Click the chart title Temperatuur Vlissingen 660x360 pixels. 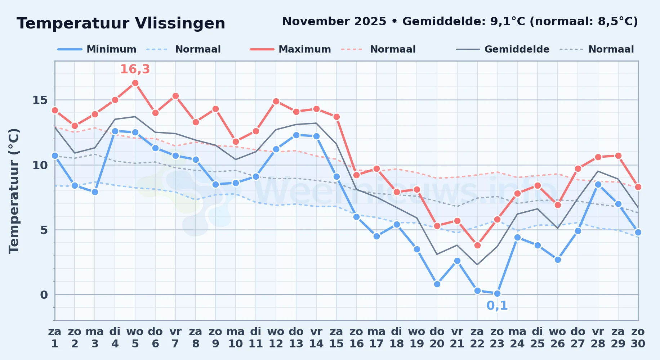pyautogui.click(x=121, y=23)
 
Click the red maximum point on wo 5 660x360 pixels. pyautogui.click(x=135, y=83)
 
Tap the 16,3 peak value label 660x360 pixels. pyautogui.click(x=135, y=69)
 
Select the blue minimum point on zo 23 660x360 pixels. pyautogui.click(x=497, y=293)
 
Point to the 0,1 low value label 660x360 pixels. pyautogui.click(x=497, y=306)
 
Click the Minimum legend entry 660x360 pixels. pyautogui.click(x=97, y=49)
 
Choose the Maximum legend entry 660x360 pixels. pyautogui.click(x=290, y=49)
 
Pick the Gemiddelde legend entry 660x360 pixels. pyautogui.click(x=503, y=49)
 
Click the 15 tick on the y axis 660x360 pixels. pyautogui.click(x=40, y=100)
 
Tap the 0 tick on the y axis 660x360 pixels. pyautogui.click(x=44, y=295)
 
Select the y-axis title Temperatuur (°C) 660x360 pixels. pyautogui.click(x=14, y=191)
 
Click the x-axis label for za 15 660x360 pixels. pyautogui.click(x=336, y=337)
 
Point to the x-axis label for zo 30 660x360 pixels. pyautogui.click(x=638, y=337)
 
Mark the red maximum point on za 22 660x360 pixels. pyautogui.click(x=477, y=245)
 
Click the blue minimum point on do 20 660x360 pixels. pyautogui.click(x=437, y=284)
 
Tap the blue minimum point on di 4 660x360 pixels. pyautogui.click(x=115, y=131)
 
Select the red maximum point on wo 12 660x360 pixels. pyautogui.click(x=276, y=101)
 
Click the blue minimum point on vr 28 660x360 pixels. pyautogui.click(x=598, y=184)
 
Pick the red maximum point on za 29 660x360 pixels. pyautogui.click(x=618, y=156)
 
